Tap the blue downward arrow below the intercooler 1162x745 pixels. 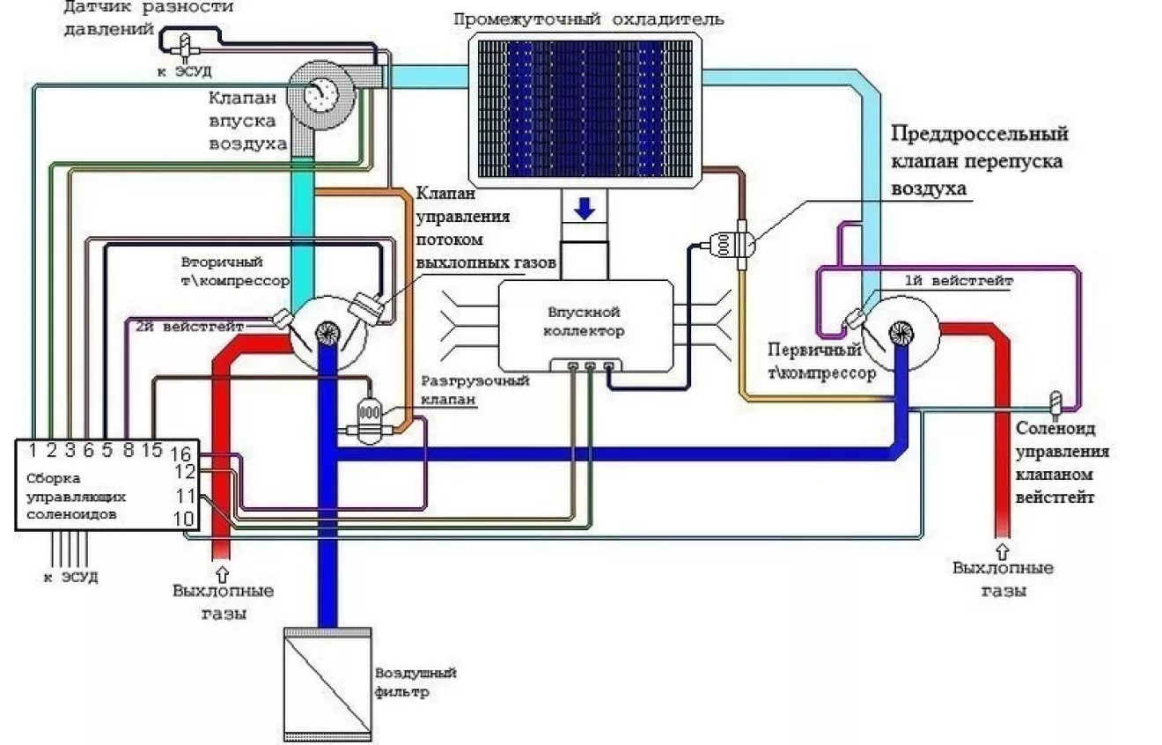[585, 210]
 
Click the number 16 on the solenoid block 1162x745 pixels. [181, 454]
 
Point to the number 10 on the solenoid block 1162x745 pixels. [183, 518]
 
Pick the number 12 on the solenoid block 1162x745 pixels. [183, 473]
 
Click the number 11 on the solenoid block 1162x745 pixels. [183, 496]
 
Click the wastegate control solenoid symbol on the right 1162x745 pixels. [1055, 402]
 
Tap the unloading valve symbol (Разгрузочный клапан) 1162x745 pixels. [369, 414]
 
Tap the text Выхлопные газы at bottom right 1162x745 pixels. [1004, 579]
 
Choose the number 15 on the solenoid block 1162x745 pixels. [151, 449]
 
